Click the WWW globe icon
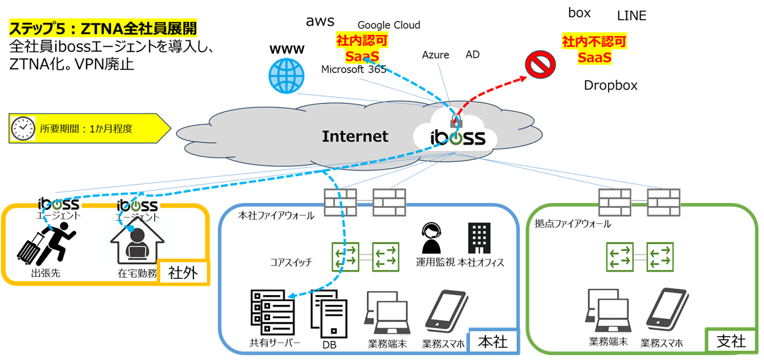tap(287, 75)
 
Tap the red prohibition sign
tap(540, 64)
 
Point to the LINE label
tap(631, 17)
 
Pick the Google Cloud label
tap(388, 25)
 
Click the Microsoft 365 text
tap(353, 69)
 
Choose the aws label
tap(320, 21)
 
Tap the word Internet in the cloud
tap(355, 136)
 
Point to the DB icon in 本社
tap(329, 316)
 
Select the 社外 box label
tap(183, 272)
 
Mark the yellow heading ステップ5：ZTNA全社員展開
tap(102, 28)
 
